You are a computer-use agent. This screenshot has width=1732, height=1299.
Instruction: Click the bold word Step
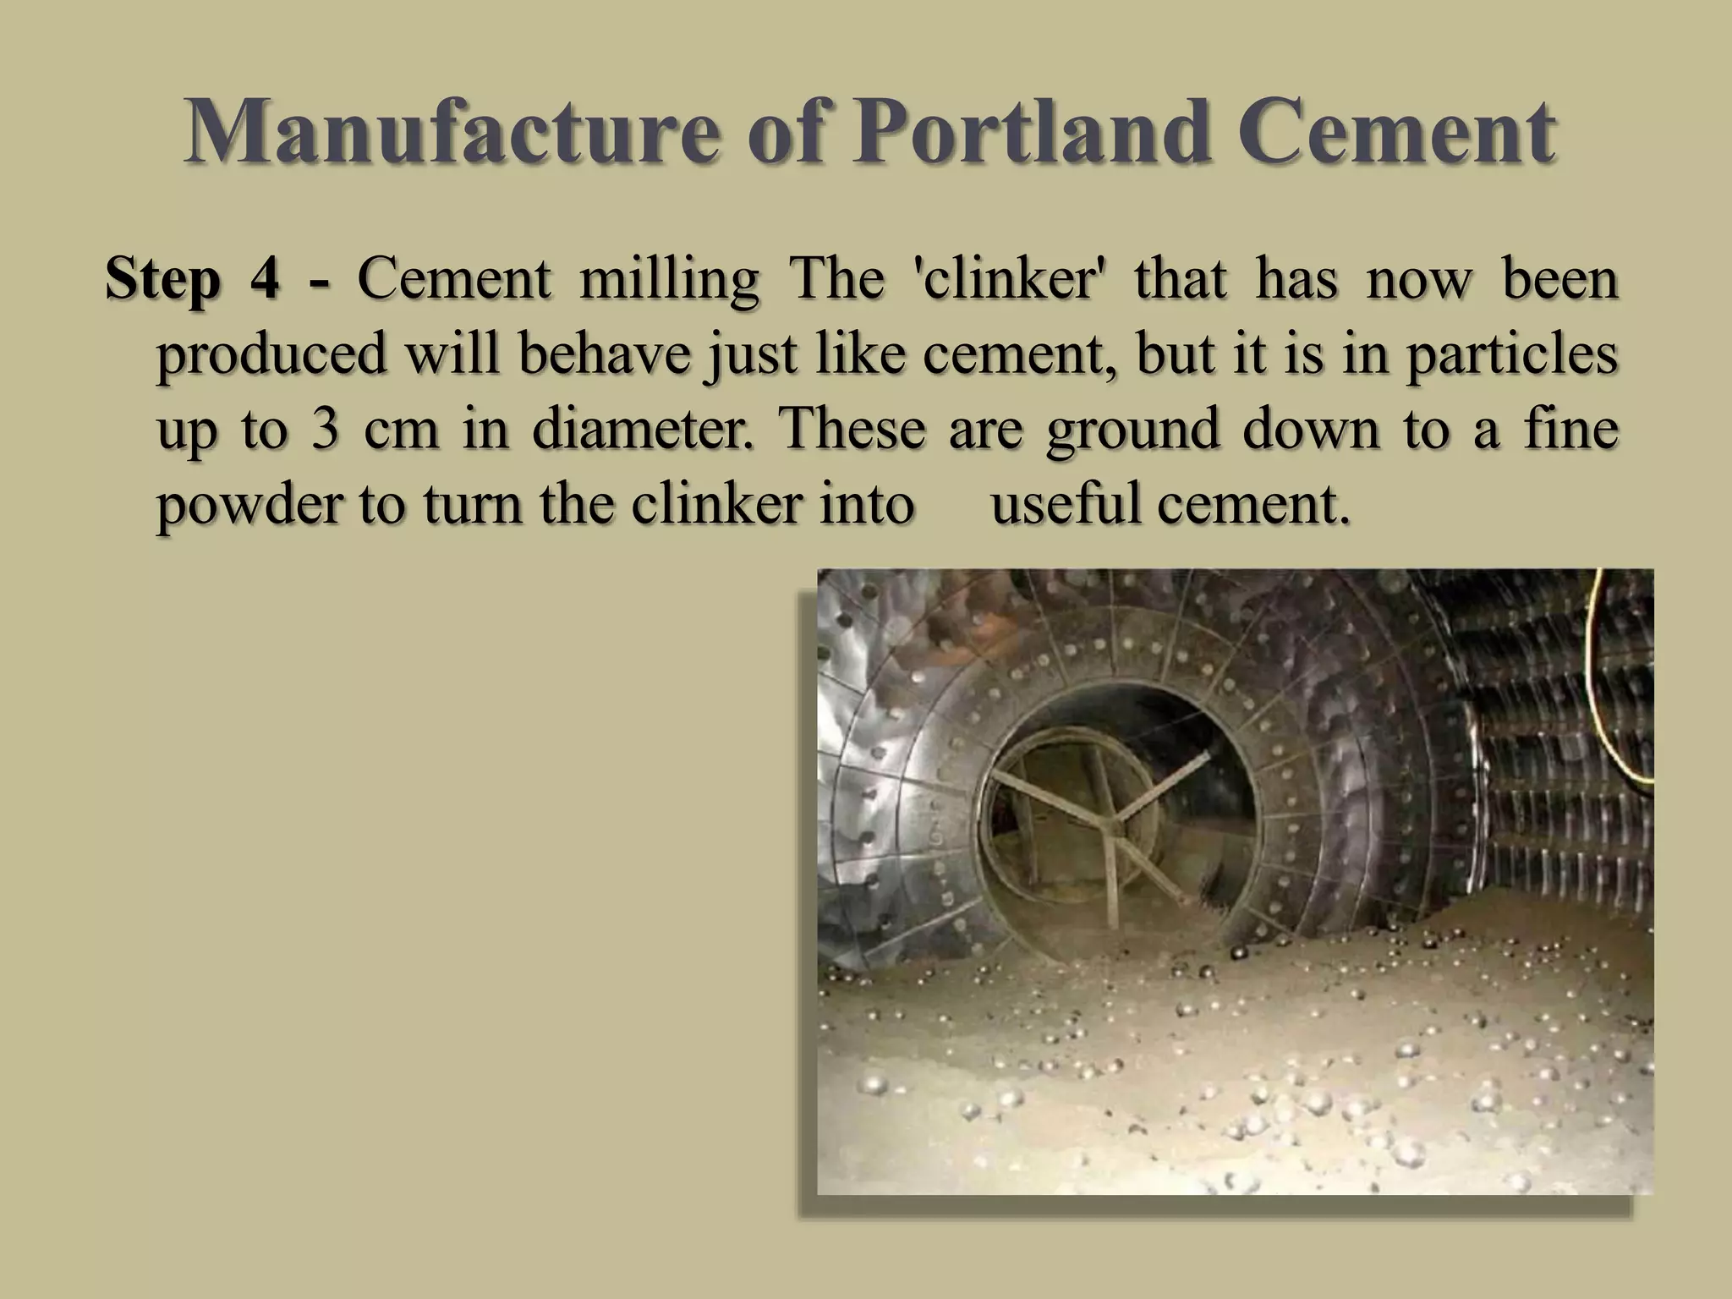tap(162, 280)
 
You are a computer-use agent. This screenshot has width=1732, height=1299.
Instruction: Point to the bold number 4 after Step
tap(265, 278)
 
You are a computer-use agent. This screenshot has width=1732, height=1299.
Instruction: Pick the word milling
tap(669, 280)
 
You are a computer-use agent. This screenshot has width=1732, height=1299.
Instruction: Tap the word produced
tap(271, 355)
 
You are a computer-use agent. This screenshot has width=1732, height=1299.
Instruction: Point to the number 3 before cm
tap(324, 429)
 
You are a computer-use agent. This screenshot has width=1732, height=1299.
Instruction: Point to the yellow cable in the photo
tap(1607, 677)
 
